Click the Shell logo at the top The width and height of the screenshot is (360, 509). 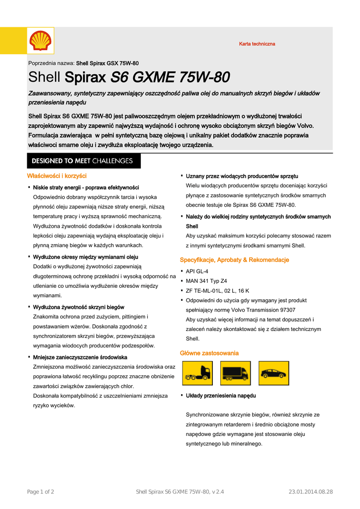40,40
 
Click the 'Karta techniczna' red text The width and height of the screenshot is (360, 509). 257,44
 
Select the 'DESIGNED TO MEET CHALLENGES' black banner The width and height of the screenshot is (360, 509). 83,161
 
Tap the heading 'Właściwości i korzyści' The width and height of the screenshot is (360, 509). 57,176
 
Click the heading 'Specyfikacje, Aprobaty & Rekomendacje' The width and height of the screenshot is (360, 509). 234,260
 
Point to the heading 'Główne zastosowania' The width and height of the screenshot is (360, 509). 209,353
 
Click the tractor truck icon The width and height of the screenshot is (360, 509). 197,373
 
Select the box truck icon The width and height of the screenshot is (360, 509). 235,373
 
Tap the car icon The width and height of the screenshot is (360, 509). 272,373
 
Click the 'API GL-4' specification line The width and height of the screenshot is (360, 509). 197,271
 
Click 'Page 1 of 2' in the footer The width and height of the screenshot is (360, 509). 41,492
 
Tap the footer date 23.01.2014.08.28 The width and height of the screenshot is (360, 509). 311,492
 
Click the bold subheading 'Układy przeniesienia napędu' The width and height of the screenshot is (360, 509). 221,396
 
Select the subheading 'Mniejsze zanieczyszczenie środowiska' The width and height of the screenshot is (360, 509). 80,357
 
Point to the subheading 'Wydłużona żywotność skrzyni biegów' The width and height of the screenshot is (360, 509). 79,307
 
